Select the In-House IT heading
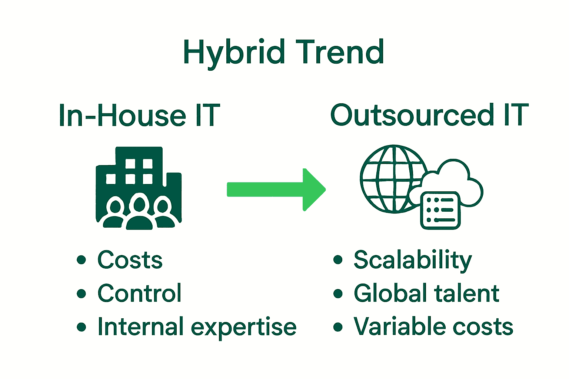pyautogui.click(x=139, y=115)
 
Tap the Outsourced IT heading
pyautogui.click(x=429, y=115)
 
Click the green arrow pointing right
pyautogui.click(x=276, y=189)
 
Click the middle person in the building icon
pyautogui.click(x=139, y=213)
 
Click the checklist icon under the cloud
pyautogui.click(x=440, y=210)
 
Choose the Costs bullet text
pyautogui.click(x=130, y=260)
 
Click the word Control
pyautogui.click(x=139, y=294)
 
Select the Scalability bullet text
pyautogui.click(x=413, y=260)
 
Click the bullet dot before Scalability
pyautogui.click(x=337, y=260)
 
